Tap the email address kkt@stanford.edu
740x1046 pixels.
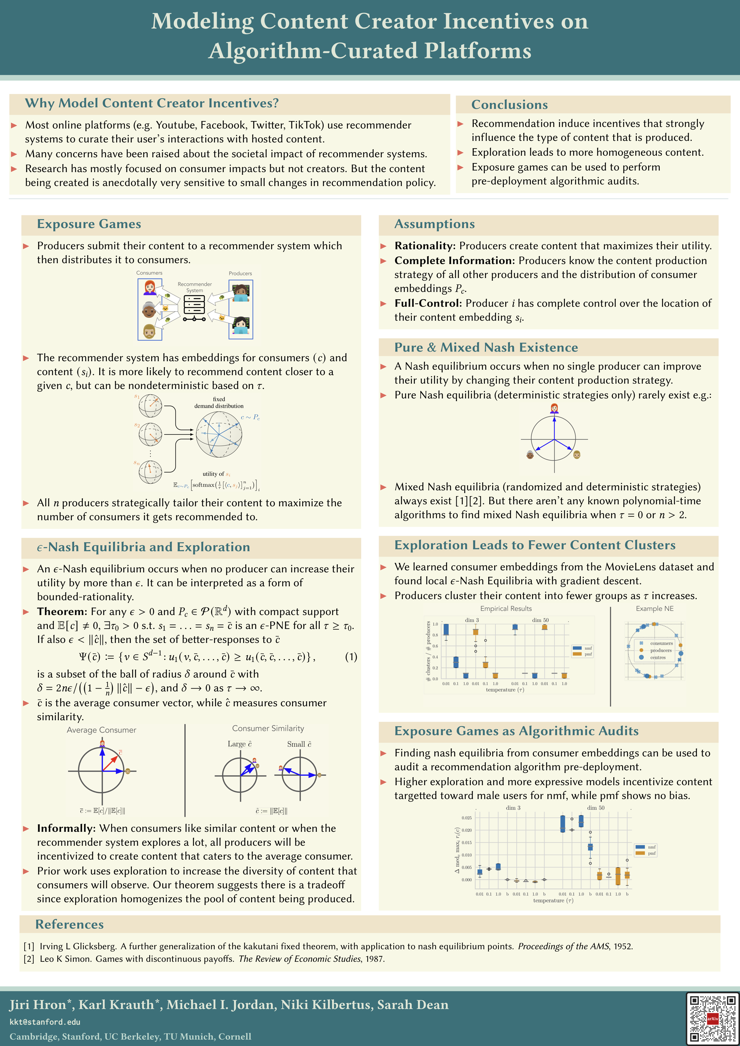45,1022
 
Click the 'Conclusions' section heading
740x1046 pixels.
509,105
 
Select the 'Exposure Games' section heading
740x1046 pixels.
89,224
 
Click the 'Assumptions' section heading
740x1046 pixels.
434,224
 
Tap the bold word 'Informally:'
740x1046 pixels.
66,828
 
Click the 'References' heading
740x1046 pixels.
69,924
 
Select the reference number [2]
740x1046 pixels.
29,959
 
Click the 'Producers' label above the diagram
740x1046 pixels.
240,273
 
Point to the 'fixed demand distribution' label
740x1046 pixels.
219,403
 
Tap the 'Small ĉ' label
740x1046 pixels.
299,744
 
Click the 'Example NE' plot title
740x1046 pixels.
654,609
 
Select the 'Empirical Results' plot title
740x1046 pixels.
506,609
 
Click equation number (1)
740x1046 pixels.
351,657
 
